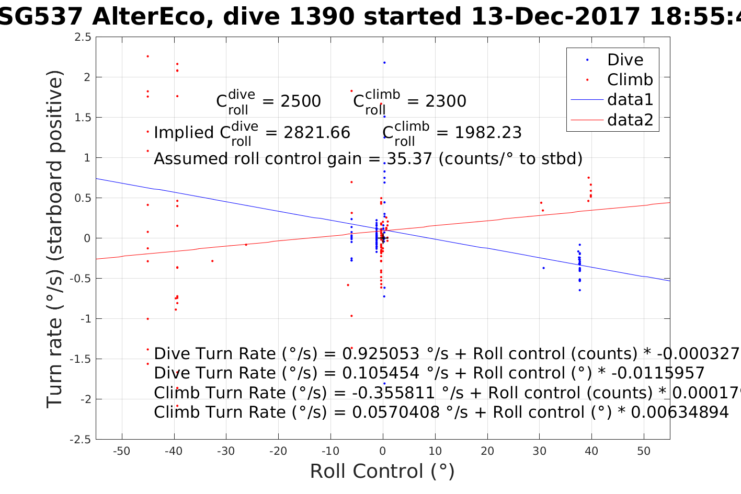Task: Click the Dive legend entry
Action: (625, 60)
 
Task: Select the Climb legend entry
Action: (630, 80)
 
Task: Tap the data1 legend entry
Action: (630, 100)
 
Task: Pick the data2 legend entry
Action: (630, 120)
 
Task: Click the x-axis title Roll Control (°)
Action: (382, 472)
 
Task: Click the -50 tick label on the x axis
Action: (121, 451)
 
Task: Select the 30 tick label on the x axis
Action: (539, 451)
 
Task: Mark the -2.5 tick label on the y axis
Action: (81, 440)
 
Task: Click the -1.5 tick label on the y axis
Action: (81, 359)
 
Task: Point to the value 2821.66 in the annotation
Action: (317, 133)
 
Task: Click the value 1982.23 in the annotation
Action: (488, 133)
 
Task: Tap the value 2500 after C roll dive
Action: (301, 101)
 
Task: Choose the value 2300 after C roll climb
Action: (446, 101)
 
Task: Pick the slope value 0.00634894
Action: (680, 412)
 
